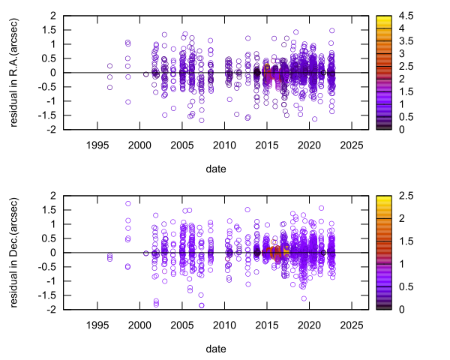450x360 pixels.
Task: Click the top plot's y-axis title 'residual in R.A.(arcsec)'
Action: [14, 72]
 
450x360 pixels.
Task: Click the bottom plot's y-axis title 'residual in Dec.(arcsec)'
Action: [14, 252]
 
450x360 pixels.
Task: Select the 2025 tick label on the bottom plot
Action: [352, 325]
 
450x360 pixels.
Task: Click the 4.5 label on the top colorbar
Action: [406, 15]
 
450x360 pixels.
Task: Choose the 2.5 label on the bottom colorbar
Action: [406, 195]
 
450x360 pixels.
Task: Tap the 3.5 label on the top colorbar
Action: [406, 40]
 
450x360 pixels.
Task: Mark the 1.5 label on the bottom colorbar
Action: [406, 241]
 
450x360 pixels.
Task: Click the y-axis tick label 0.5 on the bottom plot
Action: [47, 238]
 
